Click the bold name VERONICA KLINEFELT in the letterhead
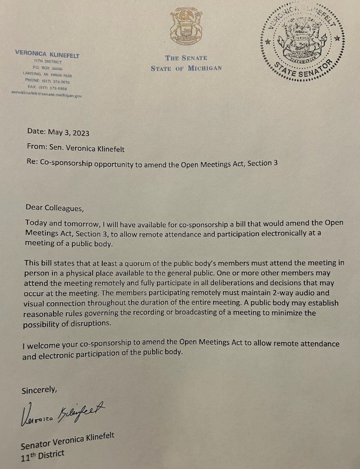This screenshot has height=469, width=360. tap(47, 54)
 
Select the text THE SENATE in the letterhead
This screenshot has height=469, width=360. tap(180, 58)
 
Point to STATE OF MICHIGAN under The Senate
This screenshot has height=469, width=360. tap(186, 69)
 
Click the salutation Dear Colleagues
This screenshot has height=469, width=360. tap(51, 207)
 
